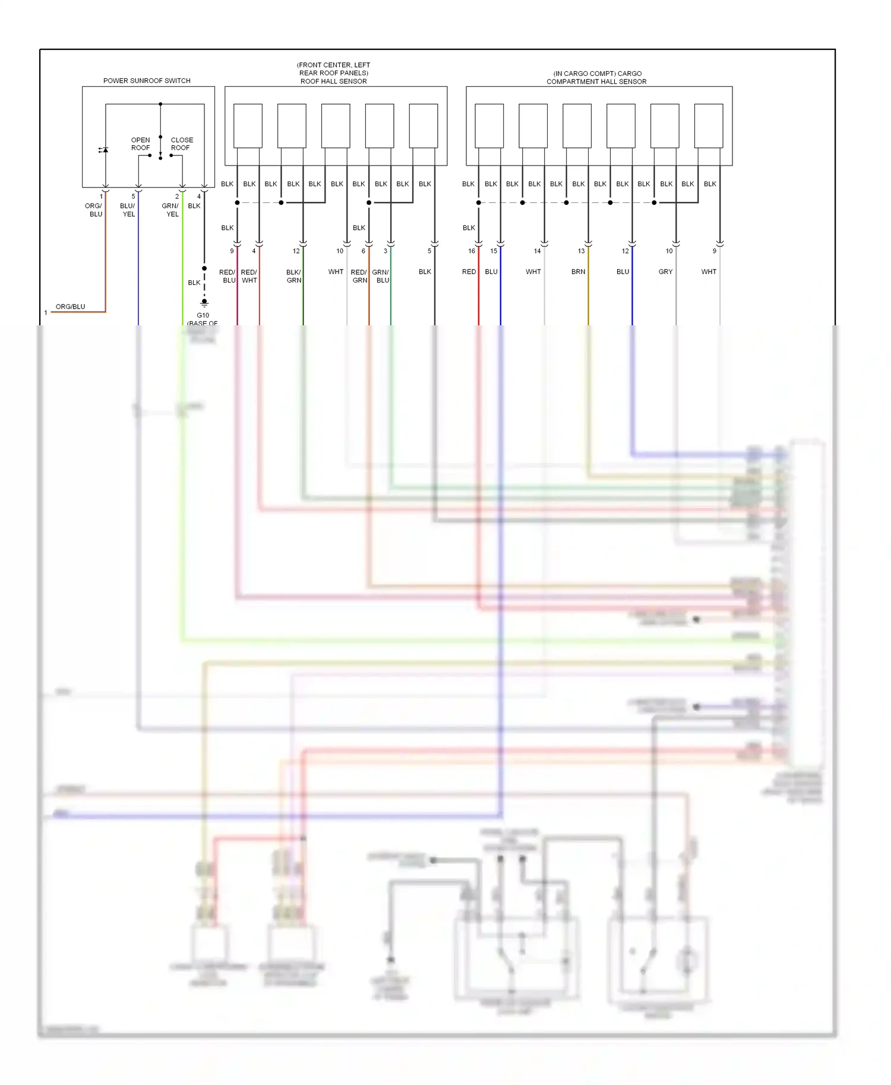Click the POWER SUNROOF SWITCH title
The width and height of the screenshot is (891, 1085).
(147, 81)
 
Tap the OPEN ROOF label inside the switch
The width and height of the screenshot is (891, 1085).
(141, 144)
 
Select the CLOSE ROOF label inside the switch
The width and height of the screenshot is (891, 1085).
(182, 144)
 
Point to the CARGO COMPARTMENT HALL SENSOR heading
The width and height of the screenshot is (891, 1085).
(596, 78)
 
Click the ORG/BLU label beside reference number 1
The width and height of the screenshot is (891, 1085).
(70, 307)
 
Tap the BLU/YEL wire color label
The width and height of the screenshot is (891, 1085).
(128, 210)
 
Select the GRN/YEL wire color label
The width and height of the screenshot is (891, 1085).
(170, 210)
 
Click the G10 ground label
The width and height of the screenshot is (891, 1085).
(203, 316)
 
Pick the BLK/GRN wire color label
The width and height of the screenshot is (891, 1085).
(293, 276)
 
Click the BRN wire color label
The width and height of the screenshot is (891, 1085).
(578, 272)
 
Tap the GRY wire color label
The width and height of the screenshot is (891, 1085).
(665, 272)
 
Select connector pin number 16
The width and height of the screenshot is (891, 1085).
(472, 251)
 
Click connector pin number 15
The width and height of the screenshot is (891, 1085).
(494, 251)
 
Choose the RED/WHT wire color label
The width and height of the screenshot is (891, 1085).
(249, 276)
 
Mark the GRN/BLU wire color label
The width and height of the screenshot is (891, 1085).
(381, 276)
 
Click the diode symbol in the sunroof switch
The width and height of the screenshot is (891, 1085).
(105, 150)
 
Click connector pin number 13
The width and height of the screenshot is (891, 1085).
(581, 251)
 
